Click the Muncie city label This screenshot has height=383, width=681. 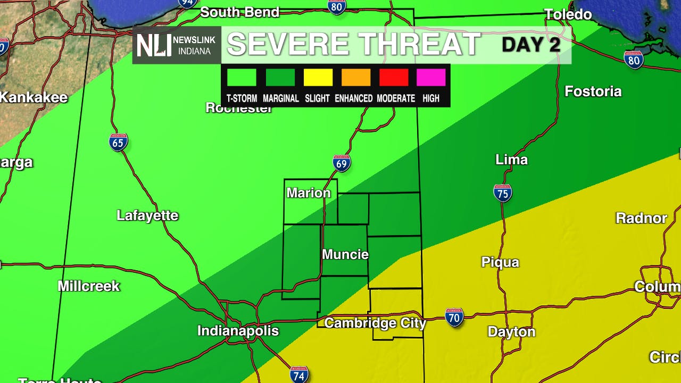point(345,254)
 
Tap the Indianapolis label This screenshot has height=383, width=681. point(238,331)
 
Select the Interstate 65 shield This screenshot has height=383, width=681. point(119,142)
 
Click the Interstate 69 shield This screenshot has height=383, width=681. point(342,163)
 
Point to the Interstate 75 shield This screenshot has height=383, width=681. point(502,193)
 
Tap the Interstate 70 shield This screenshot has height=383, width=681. point(454,318)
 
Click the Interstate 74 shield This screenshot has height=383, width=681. point(299,374)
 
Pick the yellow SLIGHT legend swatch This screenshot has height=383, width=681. point(318,78)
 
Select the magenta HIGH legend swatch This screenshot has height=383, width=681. point(431,78)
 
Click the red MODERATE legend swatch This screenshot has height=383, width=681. point(394,78)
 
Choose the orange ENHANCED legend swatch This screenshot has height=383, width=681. point(356,78)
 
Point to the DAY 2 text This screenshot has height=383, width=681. point(531,45)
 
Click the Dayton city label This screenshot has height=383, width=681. point(511,332)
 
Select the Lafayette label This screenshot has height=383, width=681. point(147,215)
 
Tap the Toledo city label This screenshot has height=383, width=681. point(568,14)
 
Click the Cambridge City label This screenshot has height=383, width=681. point(375,323)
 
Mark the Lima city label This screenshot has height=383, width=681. point(511,160)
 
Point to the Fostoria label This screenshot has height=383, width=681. point(593,91)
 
